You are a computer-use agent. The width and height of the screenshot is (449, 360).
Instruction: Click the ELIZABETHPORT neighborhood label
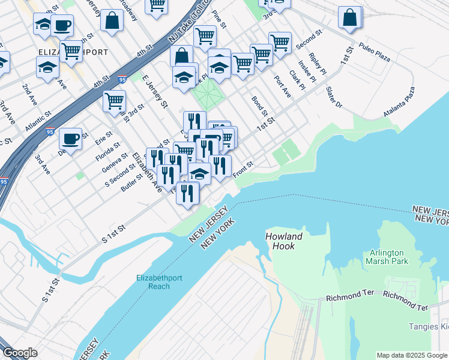[73, 52]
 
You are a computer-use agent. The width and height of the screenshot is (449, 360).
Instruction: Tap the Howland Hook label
[284, 241]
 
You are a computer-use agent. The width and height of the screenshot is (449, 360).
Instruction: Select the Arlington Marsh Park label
[387, 257]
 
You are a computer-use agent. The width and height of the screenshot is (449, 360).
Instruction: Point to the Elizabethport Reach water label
[159, 281]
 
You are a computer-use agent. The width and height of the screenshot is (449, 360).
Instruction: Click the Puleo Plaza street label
[375, 47]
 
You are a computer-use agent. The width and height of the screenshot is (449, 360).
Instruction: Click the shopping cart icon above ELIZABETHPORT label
[71, 52]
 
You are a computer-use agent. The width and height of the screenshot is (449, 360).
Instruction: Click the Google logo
[20, 353]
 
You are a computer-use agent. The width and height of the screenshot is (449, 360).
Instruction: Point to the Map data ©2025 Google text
[412, 355]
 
